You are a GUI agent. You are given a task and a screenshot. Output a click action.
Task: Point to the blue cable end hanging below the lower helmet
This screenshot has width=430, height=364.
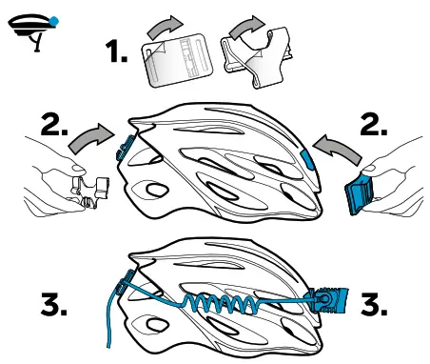[110, 329]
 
